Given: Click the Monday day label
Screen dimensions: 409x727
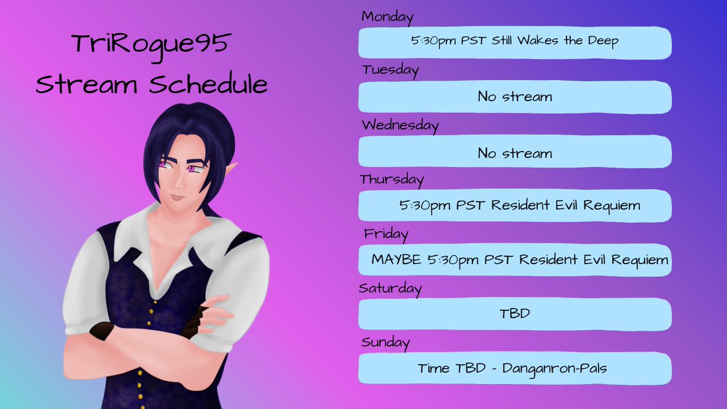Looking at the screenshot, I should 387,17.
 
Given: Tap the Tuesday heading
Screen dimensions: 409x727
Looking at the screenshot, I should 390,70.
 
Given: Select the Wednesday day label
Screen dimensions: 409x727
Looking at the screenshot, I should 400,125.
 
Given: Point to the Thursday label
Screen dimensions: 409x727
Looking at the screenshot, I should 391,179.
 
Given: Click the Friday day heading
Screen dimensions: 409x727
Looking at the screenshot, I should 386,233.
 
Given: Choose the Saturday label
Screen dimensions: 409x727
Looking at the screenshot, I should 390,288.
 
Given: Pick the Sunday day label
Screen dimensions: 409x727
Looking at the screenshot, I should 385,342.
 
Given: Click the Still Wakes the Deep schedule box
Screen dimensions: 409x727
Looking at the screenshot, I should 514,42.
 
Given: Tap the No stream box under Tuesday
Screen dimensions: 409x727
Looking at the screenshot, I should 514,97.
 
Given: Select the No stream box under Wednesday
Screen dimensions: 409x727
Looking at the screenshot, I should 514,153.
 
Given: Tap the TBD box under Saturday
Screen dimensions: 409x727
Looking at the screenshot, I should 514,314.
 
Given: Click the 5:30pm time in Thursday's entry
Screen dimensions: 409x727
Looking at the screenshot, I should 424,206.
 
